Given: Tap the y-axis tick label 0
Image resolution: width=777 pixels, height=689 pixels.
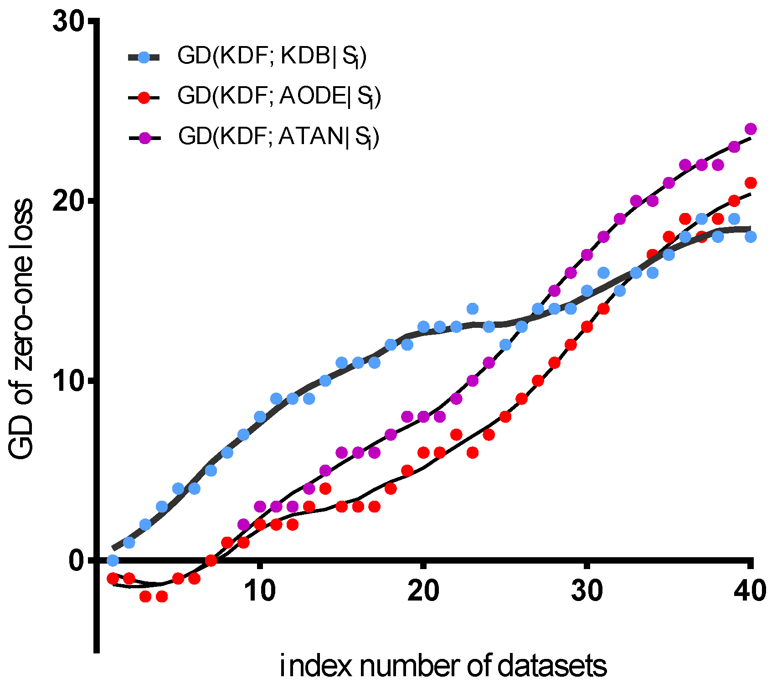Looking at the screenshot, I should tap(78, 560).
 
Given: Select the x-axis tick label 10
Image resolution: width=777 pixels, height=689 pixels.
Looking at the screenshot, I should tap(260, 591).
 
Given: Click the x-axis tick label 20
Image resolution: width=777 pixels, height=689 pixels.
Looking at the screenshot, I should tap(423, 591).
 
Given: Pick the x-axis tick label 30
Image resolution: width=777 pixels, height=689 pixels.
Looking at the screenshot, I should tap(587, 591).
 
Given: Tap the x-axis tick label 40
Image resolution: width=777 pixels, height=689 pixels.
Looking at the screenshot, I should tap(750, 591).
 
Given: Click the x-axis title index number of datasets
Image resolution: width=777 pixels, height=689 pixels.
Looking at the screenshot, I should tap(443, 666).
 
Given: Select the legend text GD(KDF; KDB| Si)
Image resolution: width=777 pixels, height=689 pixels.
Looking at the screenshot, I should tap(272, 57).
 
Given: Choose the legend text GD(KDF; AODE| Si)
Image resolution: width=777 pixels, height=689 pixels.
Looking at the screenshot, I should tap(279, 97).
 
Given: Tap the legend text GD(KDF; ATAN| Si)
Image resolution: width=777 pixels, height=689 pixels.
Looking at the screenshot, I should tap(278, 136).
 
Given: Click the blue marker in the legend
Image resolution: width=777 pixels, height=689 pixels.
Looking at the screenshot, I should tap(144, 57).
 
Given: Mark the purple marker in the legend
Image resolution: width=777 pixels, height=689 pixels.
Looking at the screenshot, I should tap(144, 138).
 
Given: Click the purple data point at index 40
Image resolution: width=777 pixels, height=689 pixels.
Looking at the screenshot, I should tap(751, 129).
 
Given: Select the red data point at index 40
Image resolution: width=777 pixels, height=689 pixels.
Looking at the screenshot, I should tap(751, 183).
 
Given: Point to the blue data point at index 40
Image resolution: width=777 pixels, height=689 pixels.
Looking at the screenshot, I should tap(751, 237).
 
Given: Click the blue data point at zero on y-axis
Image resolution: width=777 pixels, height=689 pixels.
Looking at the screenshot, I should tap(113, 560).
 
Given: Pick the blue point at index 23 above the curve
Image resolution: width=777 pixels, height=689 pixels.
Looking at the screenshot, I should tap(473, 309).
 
